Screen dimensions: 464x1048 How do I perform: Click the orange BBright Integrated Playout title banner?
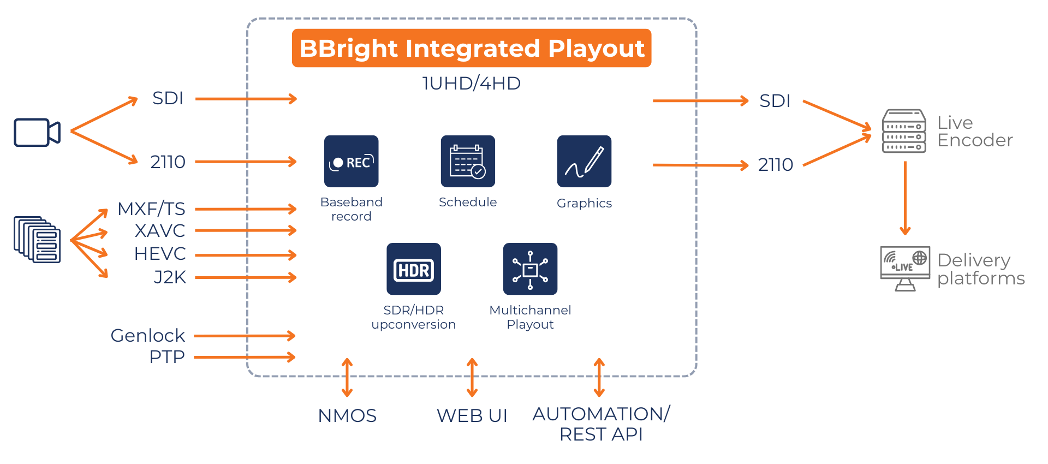click(x=472, y=48)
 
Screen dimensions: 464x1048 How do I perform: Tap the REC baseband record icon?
click(x=351, y=162)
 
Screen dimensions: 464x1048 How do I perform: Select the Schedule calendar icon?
click(x=468, y=162)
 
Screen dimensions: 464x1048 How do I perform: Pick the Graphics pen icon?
click(x=584, y=162)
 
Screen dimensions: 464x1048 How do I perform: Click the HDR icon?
click(x=413, y=269)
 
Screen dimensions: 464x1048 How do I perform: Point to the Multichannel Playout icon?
click(x=530, y=269)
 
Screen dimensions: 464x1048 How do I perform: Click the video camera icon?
click(x=37, y=133)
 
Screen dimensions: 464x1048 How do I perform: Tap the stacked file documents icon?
click(x=37, y=240)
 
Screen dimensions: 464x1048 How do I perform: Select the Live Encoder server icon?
click(x=904, y=131)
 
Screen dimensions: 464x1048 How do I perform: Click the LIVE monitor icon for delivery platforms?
click(x=905, y=267)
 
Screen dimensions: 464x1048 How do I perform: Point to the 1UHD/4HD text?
click(x=472, y=84)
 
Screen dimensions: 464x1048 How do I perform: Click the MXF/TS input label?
click(x=151, y=209)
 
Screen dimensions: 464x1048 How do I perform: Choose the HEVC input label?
click(x=160, y=254)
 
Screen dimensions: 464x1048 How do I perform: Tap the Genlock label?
click(x=147, y=336)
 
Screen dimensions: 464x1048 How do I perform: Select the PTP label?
click(x=167, y=357)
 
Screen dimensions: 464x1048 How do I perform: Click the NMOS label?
click(x=347, y=416)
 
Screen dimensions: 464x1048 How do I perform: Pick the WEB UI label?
click(x=472, y=416)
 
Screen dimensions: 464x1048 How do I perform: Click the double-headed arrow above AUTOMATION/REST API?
click(x=599, y=377)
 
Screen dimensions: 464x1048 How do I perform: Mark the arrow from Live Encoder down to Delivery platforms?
click(x=905, y=198)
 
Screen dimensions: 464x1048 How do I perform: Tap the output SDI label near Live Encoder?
click(x=775, y=101)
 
